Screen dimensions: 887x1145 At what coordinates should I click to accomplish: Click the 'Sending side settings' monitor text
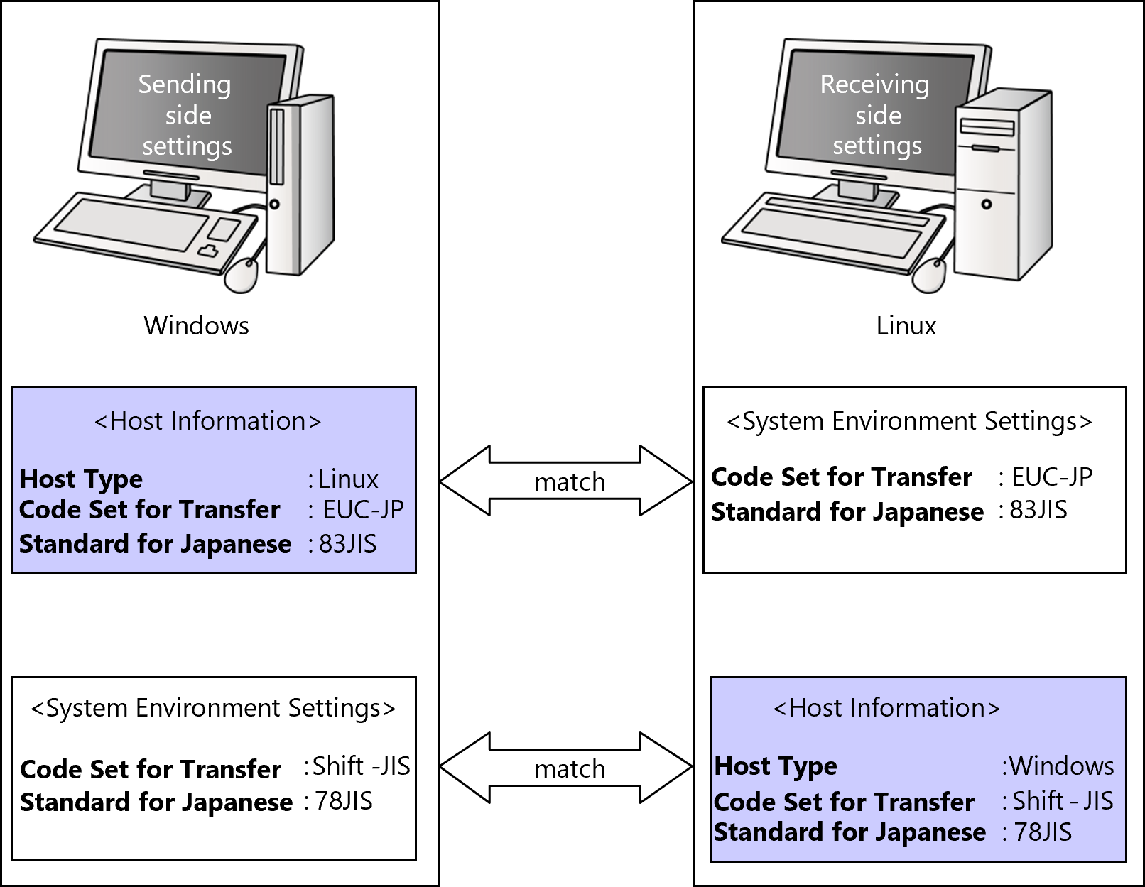[x=186, y=115]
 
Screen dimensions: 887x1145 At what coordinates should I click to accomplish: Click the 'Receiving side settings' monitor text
[x=876, y=115]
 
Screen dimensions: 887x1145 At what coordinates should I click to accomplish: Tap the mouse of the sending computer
[x=242, y=275]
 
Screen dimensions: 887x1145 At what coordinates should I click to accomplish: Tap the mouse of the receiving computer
[x=929, y=275]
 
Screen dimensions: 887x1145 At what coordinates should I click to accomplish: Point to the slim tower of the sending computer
[x=298, y=185]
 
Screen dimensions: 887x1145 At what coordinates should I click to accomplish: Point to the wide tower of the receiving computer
[x=1002, y=185]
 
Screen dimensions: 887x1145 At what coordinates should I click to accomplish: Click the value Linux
[x=348, y=479]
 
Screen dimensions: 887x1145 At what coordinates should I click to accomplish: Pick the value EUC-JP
[x=363, y=510]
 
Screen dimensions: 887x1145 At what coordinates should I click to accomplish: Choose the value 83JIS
[x=347, y=544]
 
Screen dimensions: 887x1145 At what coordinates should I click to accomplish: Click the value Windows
[x=1061, y=766]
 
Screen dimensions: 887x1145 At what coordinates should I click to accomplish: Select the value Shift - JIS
[x=1062, y=801]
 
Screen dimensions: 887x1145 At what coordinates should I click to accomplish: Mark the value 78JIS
[x=1042, y=832]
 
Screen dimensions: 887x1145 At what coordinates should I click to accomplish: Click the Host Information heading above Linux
[x=207, y=421]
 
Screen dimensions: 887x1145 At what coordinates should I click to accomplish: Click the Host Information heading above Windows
[x=886, y=708]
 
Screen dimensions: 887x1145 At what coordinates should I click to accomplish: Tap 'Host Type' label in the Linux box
[x=81, y=479]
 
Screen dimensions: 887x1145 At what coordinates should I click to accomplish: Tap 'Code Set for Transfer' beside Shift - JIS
[x=844, y=802]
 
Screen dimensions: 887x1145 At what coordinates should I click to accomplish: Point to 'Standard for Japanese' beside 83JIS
[x=155, y=544]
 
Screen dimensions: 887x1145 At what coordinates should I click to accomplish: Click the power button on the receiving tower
[x=986, y=205]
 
